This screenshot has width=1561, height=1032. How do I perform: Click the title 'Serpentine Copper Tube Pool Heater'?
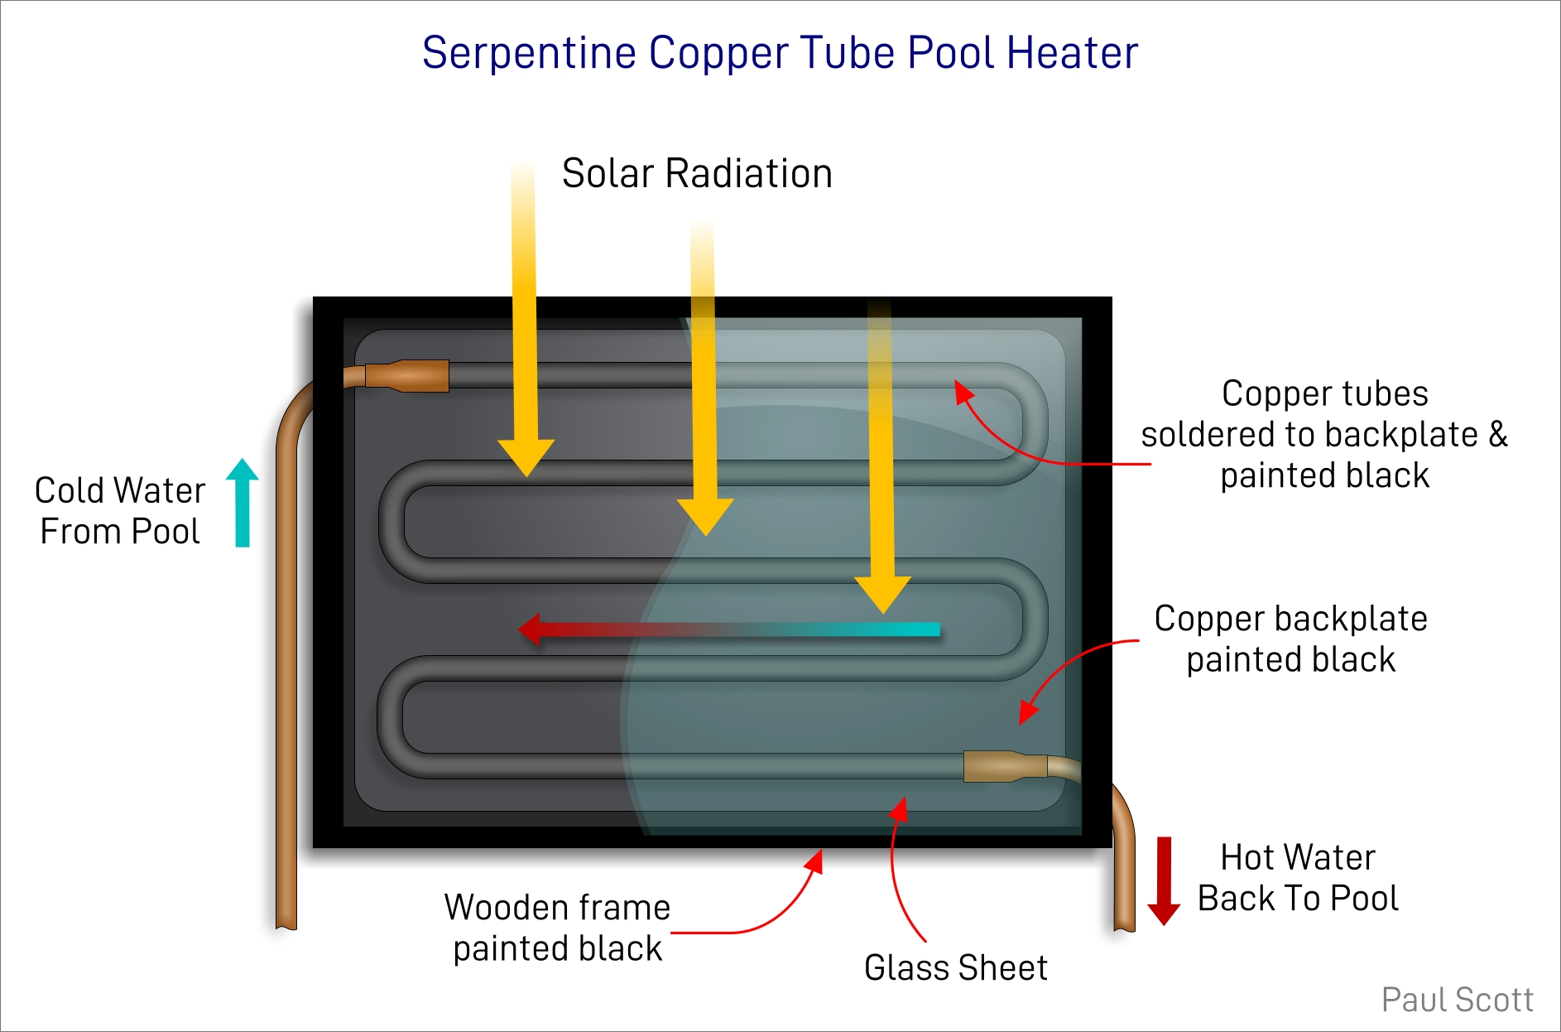pyautogui.click(x=780, y=53)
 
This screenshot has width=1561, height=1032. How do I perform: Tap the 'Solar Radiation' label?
pyautogui.click(x=697, y=174)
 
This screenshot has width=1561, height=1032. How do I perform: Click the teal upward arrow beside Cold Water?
pyautogui.click(x=243, y=502)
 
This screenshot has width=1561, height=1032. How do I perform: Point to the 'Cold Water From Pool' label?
pyautogui.click(x=120, y=511)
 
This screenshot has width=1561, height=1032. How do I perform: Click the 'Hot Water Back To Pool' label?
pyautogui.click(x=1298, y=878)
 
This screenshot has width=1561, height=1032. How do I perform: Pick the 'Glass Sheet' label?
pyautogui.click(x=955, y=967)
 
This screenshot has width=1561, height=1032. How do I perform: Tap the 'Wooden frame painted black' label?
pyautogui.click(x=557, y=928)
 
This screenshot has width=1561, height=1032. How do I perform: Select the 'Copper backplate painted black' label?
pyautogui.click(x=1290, y=639)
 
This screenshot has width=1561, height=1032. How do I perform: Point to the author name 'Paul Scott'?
pyautogui.click(x=1457, y=1000)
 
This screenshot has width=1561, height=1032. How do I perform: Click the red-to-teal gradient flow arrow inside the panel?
pyautogui.click(x=728, y=629)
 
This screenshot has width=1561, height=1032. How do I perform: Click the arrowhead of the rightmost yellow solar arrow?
pyautogui.click(x=883, y=593)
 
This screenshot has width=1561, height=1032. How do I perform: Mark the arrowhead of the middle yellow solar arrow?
pyautogui.click(x=705, y=516)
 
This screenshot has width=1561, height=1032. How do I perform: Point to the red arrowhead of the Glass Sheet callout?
pyautogui.click(x=901, y=807)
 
